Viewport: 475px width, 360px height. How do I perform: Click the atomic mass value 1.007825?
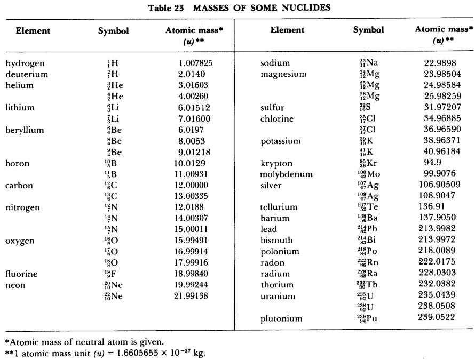pos(196,63)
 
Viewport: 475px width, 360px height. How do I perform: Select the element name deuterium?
pos(27,74)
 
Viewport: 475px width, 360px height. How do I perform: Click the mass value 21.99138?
pos(191,297)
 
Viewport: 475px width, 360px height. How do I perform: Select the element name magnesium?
pos(283,74)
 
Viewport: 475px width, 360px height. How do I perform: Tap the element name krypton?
pos(276,163)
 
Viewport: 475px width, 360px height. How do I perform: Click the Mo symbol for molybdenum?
pos(368,174)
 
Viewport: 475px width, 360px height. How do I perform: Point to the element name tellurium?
pos(279,207)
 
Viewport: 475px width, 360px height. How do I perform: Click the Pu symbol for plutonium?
pos(367,319)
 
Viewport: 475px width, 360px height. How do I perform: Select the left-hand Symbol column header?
pos(114,31)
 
